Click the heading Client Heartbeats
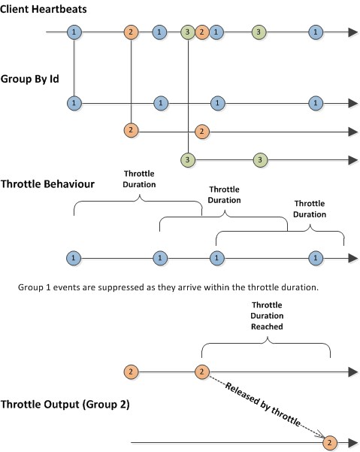(x=43, y=9)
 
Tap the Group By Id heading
(x=29, y=79)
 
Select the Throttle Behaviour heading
(x=47, y=184)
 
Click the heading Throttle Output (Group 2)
(x=65, y=404)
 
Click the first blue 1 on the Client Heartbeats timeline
(x=74, y=32)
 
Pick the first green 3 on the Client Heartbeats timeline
(x=188, y=32)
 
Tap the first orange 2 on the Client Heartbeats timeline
(x=131, y=32)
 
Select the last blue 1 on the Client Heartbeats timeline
(x=316, y=32)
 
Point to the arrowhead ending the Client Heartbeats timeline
(x=353, y=32)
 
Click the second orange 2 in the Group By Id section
(x=202, y=132)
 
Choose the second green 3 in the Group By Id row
(x=260, y=160)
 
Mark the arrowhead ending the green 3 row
(x=353, y=160)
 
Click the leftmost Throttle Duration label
(x=139, y=179)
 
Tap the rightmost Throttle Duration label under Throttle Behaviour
(x=310, y=209)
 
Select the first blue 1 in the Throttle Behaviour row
(x=74, y=258)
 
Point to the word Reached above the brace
(x=267, y=326)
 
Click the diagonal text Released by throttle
(x=262, y=405)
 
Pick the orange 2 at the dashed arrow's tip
(x=330, y=442)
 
